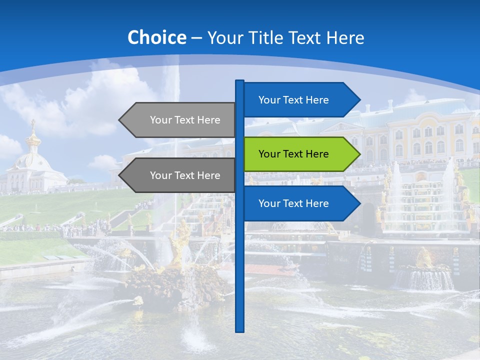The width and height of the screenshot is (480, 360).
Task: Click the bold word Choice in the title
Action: (156, 37)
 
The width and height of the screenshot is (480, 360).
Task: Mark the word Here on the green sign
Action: (316, 154)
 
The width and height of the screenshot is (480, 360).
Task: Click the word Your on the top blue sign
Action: (269, 100)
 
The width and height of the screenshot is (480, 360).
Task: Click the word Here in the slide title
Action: (345, 37)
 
